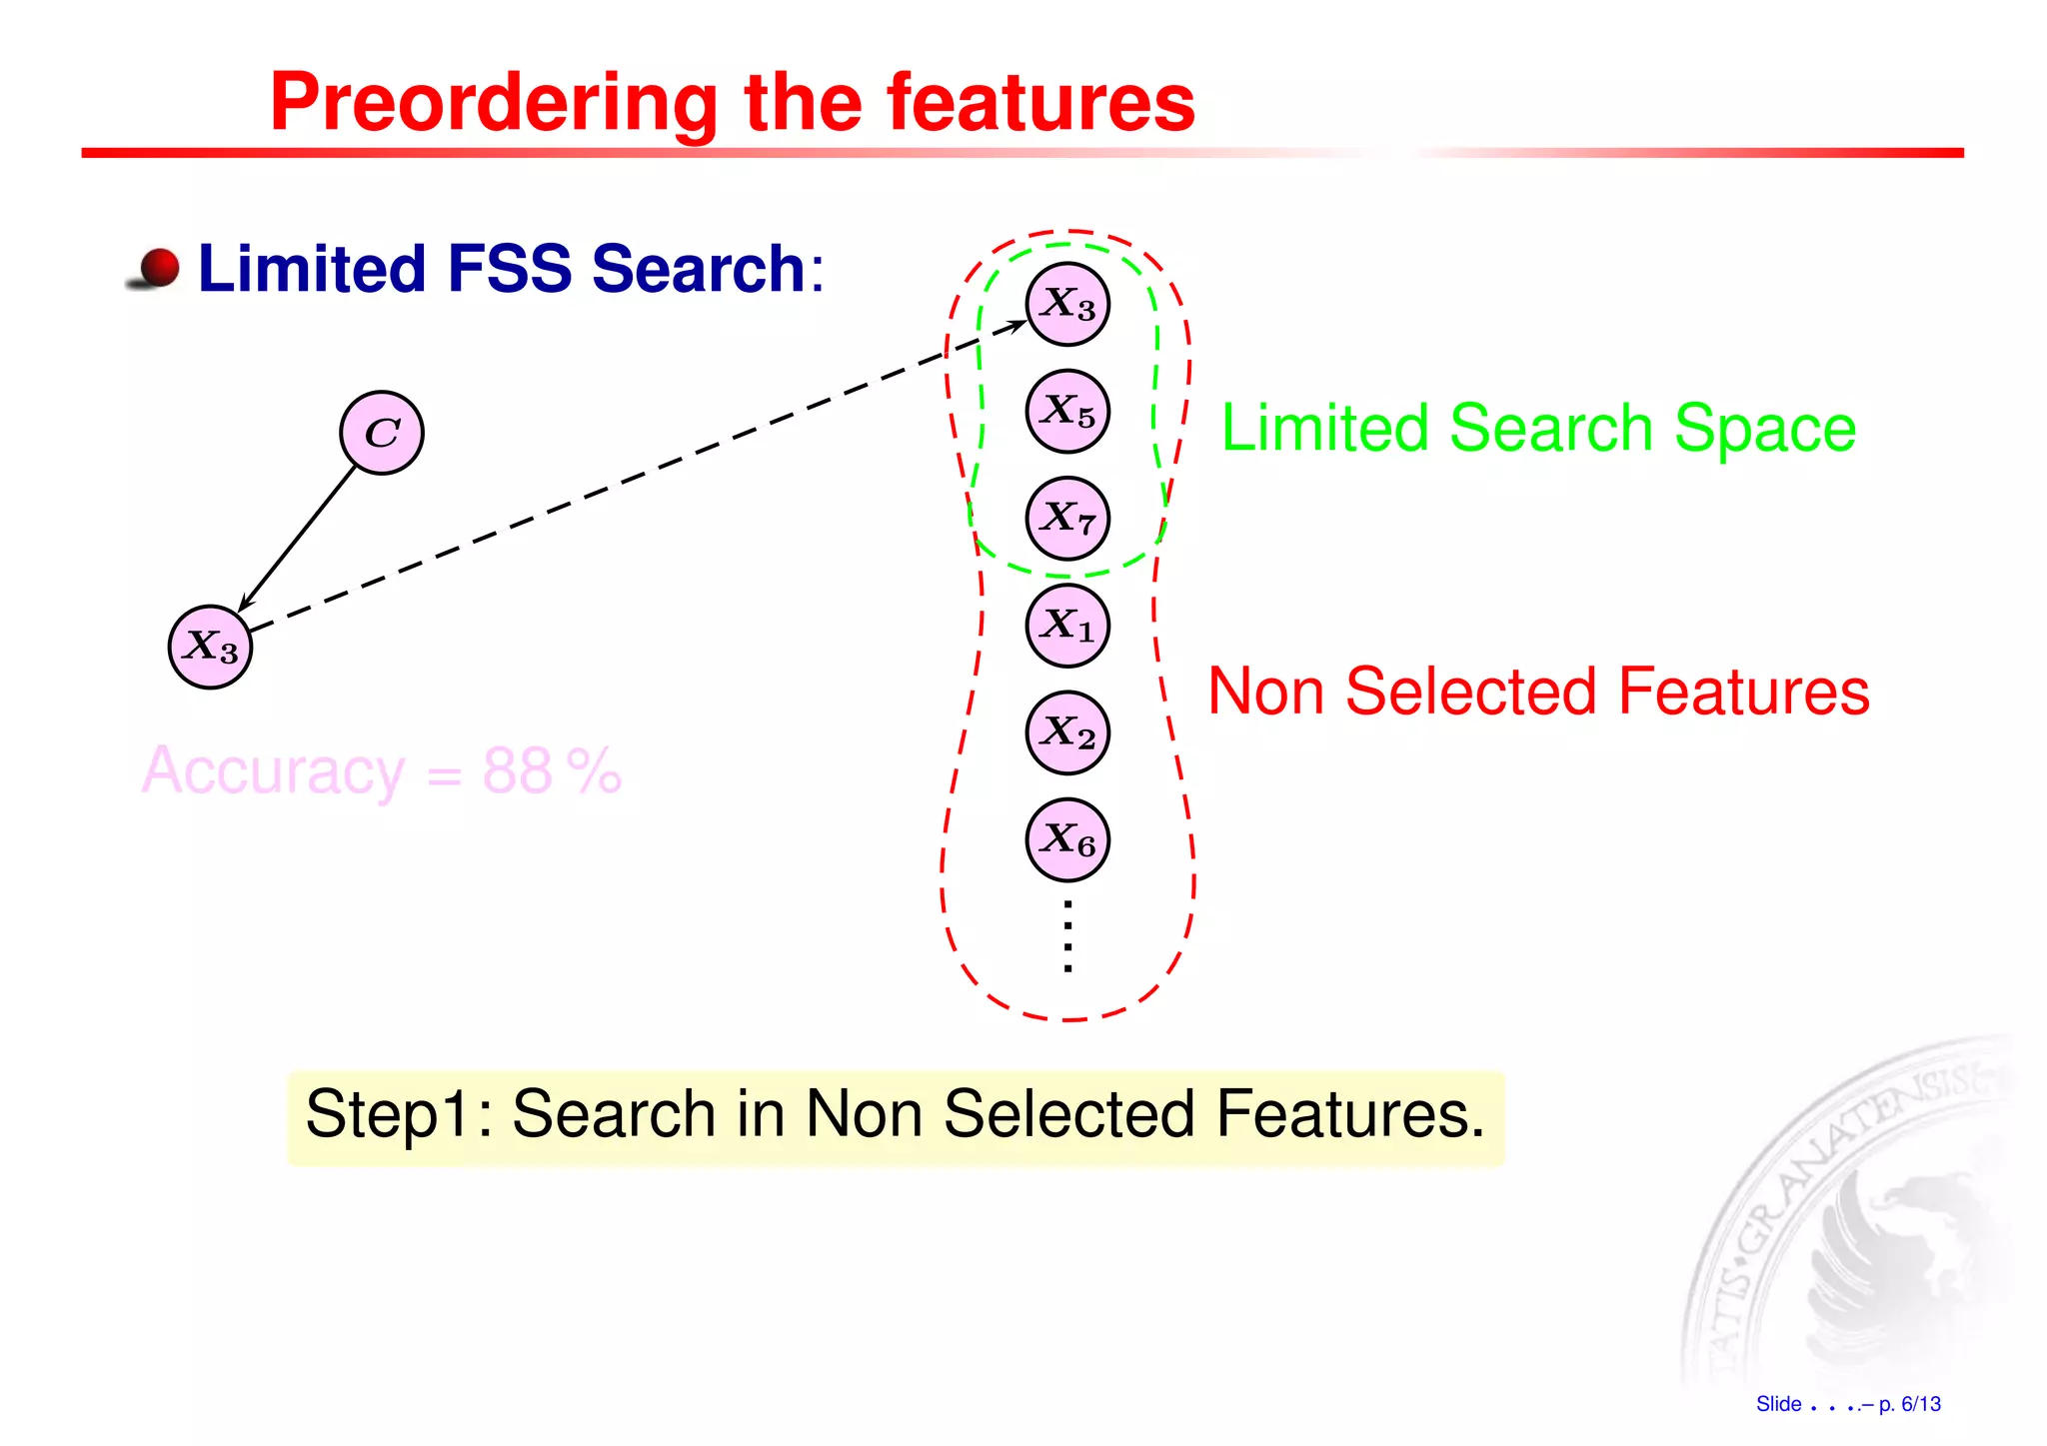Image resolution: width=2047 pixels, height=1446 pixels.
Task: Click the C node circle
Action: click(x=382, y=433)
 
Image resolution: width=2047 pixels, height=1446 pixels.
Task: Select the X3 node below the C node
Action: click(x=210, y=648)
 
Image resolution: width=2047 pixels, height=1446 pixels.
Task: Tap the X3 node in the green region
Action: click(x=1067, y=304)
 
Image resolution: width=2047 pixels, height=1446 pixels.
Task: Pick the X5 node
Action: click(x=1067, y=411)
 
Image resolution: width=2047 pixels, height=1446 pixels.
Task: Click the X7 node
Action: click(x=1067, y=518)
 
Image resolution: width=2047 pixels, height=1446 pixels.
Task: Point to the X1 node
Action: click(x=1067, y=626)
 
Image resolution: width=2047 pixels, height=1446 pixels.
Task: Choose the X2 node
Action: click(x=1067, y=732)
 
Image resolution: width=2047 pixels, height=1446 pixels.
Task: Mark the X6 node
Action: click(x=1067, y=839)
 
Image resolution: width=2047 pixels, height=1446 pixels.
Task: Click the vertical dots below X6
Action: click(x=1067, y=935)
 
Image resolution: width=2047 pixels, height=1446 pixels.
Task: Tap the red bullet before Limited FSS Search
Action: click(x=158, y=268)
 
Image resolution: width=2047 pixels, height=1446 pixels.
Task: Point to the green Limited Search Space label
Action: click(x=1538, y=428)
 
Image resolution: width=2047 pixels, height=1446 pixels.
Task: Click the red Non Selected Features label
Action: click(x=1538, y=691)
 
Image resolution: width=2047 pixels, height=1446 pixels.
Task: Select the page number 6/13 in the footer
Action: click(x=1920, y=1404)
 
